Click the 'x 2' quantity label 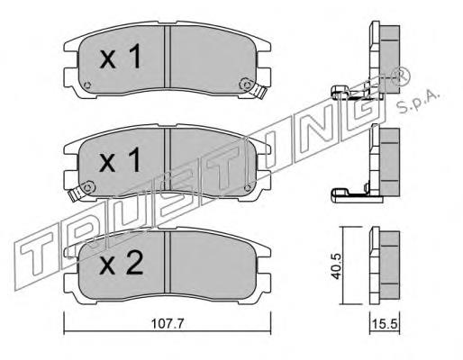(120, 265)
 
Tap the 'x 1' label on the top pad (120, 60)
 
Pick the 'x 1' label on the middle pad (120, 162)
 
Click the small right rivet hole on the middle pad (251, 184)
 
